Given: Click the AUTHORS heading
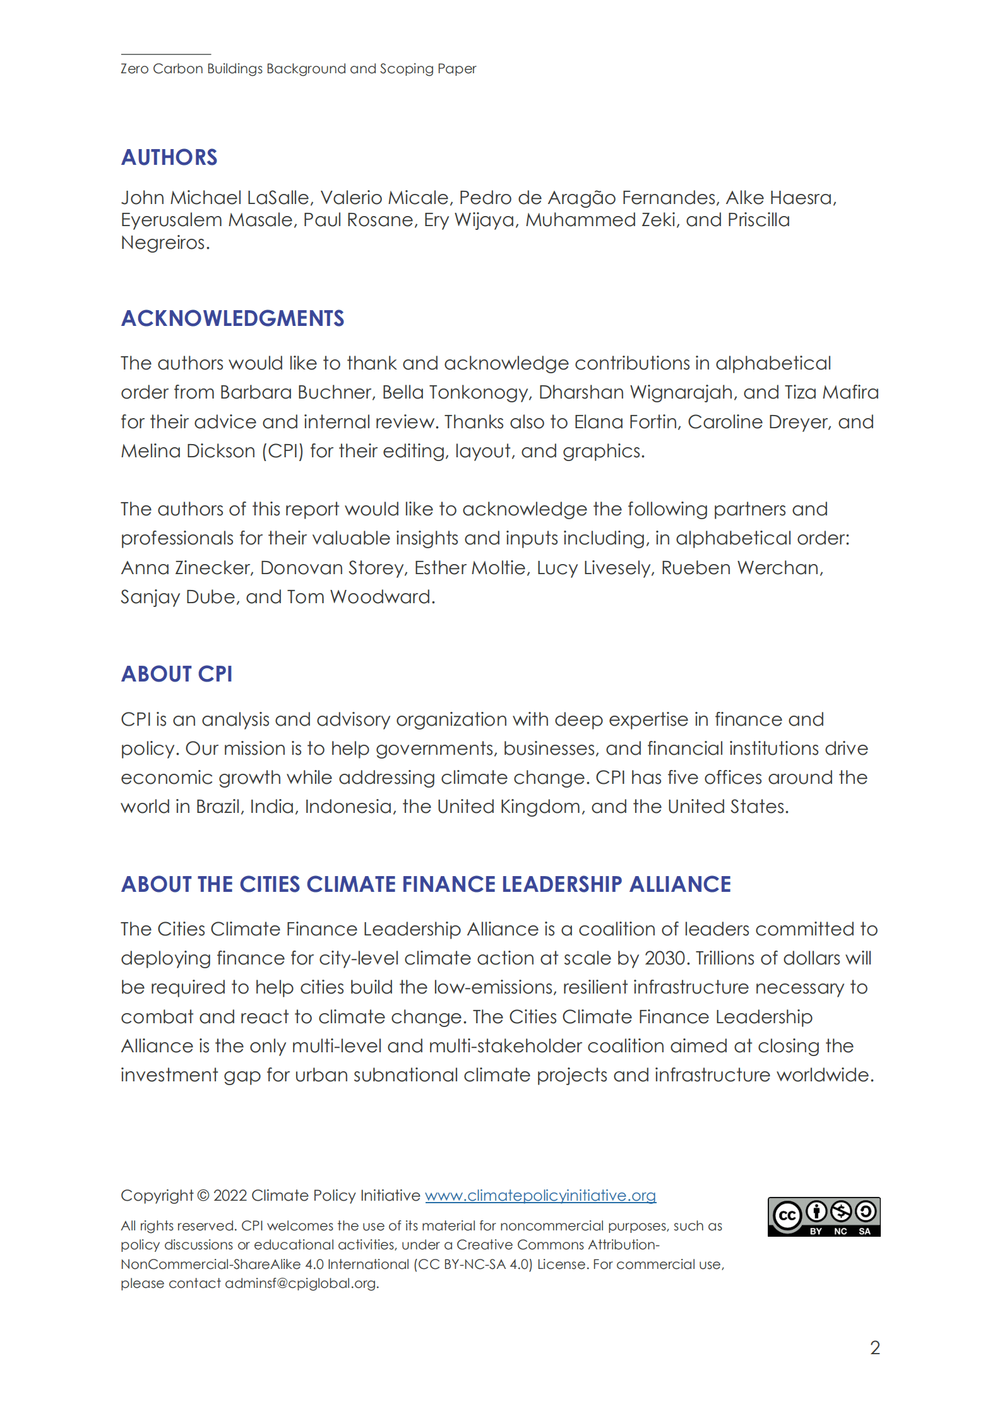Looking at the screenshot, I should (x=169, y=157).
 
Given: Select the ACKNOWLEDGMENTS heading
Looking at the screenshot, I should (x=232, y=318).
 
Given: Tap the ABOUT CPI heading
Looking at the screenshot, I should (x=177, y=674).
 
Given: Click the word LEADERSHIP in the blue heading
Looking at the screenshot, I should (x=562, y=884).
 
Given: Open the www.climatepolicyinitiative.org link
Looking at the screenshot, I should (x=540, y=1196).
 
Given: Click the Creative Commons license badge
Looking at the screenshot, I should (x=823, y=1217).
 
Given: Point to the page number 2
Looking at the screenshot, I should (x=874, y=1348).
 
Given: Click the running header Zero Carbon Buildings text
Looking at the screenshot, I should (x=298, y=69).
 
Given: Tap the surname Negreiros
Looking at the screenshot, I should (x=164, y=243).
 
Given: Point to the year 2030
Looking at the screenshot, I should (x=665, y=959).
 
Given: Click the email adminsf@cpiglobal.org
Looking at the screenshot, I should (x=301, y=1283).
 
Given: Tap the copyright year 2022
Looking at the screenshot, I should (x=230, y=1196).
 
